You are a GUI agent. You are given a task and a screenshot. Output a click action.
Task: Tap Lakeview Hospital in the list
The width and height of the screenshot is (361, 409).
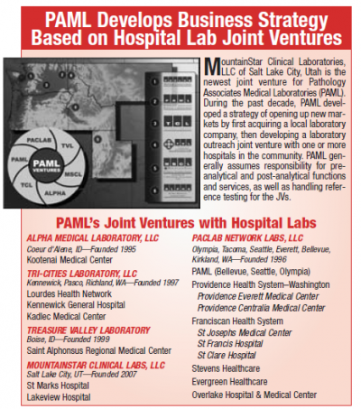point(58,395)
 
